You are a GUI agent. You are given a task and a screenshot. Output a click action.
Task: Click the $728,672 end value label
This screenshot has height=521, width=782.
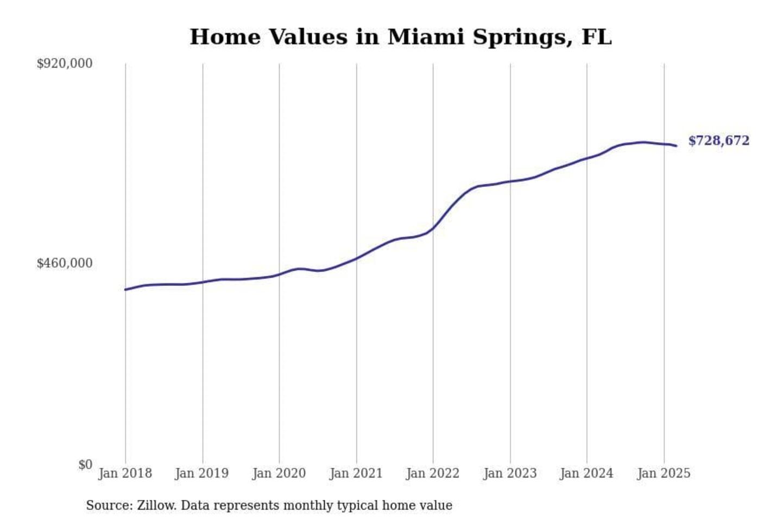(x=718, y=141)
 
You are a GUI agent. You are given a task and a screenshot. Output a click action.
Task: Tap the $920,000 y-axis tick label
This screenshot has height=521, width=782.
(x=64, y=63)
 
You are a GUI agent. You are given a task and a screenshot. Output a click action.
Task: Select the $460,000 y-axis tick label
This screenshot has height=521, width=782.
(x=64, y=263)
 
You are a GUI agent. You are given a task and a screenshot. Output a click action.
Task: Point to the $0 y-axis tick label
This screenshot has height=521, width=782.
(x=85, y=465)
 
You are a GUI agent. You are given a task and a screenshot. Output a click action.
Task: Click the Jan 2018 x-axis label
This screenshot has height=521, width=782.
(x=125, y=473)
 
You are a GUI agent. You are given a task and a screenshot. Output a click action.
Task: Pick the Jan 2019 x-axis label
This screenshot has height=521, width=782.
(x=202, y=473)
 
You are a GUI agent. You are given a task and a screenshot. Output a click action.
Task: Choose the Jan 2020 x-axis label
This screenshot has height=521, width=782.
(x=279, y=473)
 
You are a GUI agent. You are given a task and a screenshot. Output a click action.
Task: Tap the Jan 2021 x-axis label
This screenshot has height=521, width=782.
(x=356, y=473)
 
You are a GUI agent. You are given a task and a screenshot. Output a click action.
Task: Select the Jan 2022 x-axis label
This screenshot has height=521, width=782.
(x=433, y=473)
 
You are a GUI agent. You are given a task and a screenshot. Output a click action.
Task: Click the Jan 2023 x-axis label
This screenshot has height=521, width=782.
(x=510, y=473)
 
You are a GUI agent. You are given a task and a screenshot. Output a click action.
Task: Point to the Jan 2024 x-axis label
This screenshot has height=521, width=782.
(x=586, y=473)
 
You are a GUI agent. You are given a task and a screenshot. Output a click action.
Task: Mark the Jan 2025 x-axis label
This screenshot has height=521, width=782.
(x=664, y=473)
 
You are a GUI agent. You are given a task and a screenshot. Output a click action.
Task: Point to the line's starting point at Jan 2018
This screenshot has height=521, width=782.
(x=125, y=289)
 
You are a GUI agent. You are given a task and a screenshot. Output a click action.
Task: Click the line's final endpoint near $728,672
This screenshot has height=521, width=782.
(x=676, y=145)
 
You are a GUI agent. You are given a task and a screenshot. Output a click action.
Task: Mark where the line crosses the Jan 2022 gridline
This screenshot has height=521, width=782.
(x=433, y=228)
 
